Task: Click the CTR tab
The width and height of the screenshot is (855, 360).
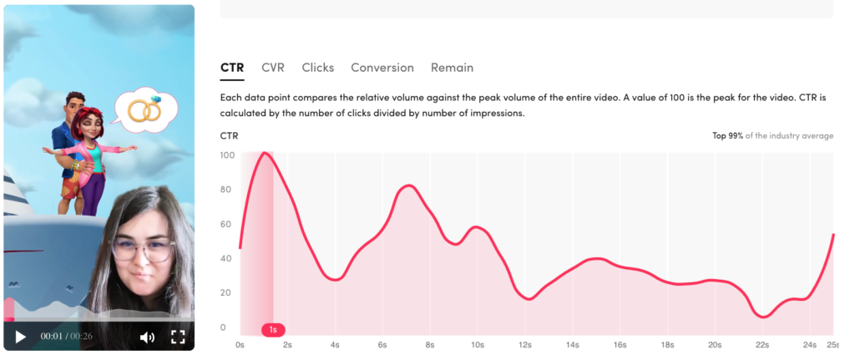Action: [x=232, y=68]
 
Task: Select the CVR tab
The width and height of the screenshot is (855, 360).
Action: [x=273, y=68]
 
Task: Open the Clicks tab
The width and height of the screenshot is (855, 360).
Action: [x=318, y=68]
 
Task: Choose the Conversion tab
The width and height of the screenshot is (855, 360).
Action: [x=382, y=68]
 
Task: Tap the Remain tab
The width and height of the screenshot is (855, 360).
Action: [x=452, y=68]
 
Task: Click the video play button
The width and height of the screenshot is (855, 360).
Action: [x=20, y=337]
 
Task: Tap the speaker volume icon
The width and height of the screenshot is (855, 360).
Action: [x=147, y=337]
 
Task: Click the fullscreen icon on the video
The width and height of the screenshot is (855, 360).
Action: [x=179, y=337]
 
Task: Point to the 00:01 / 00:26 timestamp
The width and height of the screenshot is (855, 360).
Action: [x=66, y=337]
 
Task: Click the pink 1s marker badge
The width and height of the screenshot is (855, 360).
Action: [x=273, y=329]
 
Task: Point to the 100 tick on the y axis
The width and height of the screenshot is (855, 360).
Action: [x=227, y=155]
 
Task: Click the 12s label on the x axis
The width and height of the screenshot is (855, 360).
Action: [x=525, y=345]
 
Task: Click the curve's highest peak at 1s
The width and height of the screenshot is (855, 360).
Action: [x=266, y=153]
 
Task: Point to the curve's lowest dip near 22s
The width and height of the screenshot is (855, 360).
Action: [x=763, y=317]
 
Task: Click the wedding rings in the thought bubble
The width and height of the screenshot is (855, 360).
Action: [x=145, y=109]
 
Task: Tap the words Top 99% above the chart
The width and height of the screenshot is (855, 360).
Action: [x=727, y=135]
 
